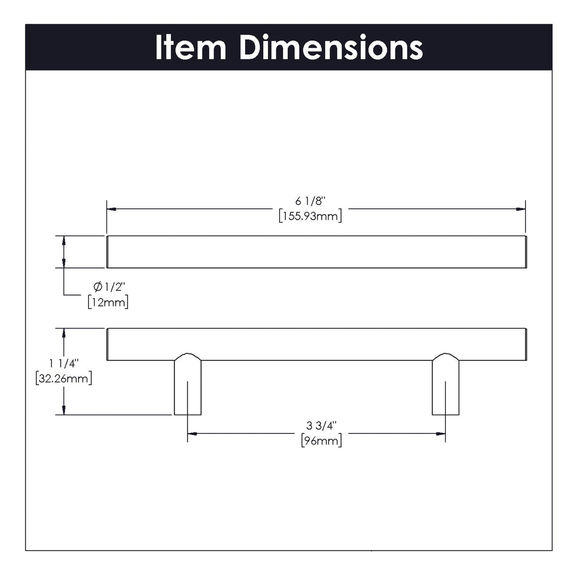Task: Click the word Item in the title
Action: pyautogui.click(x=190, y=48)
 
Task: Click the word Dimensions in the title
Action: pyautogui.click(x=331, y=48)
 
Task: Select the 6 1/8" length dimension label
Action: pyautogui.click(x=310, y=201)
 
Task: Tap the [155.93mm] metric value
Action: pyautogui.click(x=310, y=216)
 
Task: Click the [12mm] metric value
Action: pyautogui.click(x=108, y=302)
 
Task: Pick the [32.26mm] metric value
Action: pyautogui.click(x=63, y=378)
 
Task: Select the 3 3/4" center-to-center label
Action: pyautogui.click(x=321, y=425)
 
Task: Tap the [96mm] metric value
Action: pyautogui.click(x=321, y=441)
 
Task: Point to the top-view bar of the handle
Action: pyautogui.click(x=316, y=252)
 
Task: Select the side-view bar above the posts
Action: pyautogui.click(x=316, y=344)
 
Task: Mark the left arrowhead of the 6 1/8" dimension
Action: pyautogui.click(x=112, y=209)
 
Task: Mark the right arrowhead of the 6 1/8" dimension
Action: pyautogui.click(x=521, y=209)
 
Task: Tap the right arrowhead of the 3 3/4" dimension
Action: pyautogui.click(x=441, y=434)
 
